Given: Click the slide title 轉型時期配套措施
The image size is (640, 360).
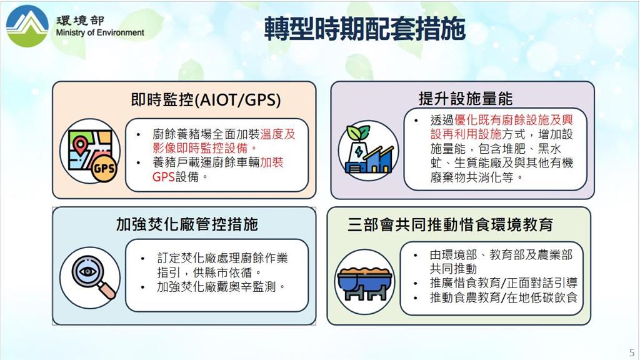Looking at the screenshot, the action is click(x=364, y=29).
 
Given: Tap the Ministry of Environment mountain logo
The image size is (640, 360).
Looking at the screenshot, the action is click(x=27, y=26).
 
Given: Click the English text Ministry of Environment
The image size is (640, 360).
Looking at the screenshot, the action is click(x=100, y=32).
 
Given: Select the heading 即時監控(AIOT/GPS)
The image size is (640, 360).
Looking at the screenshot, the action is click(x=206, y=99).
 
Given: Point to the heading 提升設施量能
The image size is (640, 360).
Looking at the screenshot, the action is click(x=465, y=98).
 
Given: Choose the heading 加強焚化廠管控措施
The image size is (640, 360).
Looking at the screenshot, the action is click(x=187, y=224).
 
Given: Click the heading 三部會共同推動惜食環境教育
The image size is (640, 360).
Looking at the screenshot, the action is click(x=450, y=224).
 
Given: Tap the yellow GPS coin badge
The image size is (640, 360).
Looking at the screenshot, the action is click(x=104, y=168).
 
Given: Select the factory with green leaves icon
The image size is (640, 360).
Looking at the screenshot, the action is click(x=369, y=150).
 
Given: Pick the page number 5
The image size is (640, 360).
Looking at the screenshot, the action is click(x=632, y=352).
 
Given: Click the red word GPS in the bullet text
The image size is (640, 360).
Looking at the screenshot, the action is click(x=163, y=177).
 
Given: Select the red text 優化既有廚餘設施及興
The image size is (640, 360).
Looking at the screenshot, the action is click(x=514, y=119).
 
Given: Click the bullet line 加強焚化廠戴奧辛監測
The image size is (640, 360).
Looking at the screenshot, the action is click(x=221, y=286).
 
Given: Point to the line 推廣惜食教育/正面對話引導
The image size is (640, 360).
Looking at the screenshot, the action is click(x=503, y=282).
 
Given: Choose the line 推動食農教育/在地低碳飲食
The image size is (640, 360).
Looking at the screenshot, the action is click(x=503, y=297).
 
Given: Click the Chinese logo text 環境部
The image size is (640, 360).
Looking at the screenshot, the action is click(x=80, y=21).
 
